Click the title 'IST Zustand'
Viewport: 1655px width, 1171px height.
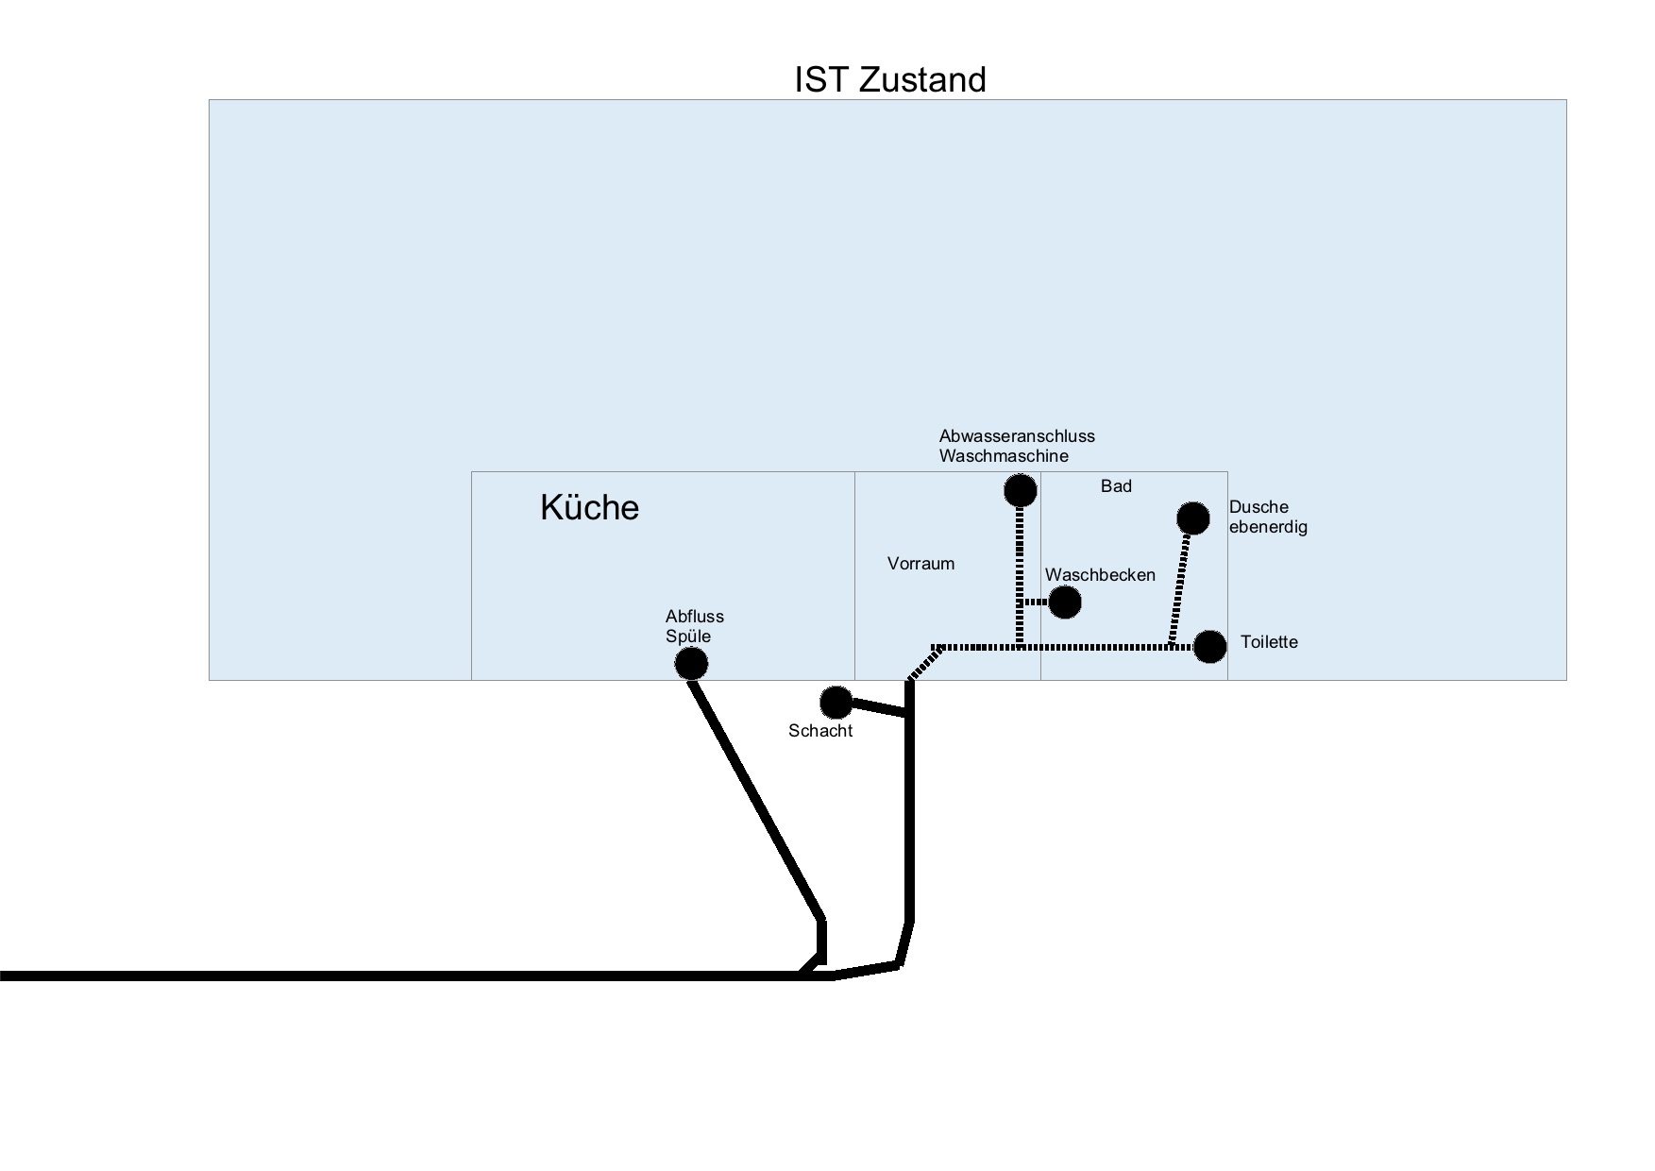coord(889,79)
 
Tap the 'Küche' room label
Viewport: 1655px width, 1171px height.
coord(589,508)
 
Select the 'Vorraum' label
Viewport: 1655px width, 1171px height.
coord(920,564)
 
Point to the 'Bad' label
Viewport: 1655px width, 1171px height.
coord(1116,486)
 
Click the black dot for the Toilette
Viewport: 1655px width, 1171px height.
coord(1209,647)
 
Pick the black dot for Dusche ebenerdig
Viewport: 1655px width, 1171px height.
coord(1193,518)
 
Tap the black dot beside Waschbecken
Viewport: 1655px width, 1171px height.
coord(1065,602)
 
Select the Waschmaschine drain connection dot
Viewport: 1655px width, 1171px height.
coord(1020,490)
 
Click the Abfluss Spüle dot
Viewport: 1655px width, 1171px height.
coord(691,664)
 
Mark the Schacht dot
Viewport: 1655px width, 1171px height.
coord(836,702)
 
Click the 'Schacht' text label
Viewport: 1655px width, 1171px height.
coord(820,731)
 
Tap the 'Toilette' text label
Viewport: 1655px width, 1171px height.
coord(1269,642)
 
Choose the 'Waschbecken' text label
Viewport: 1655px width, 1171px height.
coord(1100,575)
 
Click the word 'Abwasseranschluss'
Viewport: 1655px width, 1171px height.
coord(1017,436)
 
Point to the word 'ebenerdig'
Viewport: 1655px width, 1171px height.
coord(1268,527)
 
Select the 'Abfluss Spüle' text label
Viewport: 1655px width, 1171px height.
coord(694,626)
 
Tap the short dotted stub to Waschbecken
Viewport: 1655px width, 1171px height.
coord(1036,602)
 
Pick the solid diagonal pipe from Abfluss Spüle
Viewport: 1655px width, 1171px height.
coord(755,793)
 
